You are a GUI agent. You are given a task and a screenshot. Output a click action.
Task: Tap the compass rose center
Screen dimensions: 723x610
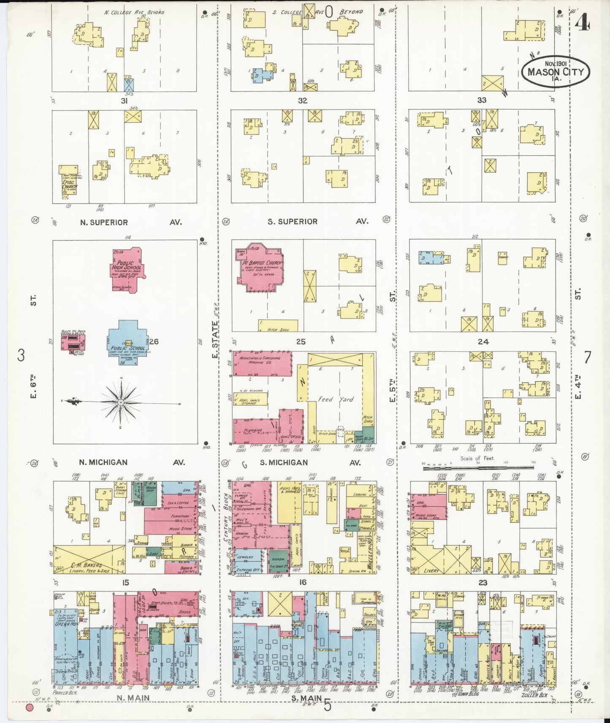tap(121, 402)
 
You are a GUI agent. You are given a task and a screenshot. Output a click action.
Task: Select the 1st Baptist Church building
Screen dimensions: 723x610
tap(258, 268)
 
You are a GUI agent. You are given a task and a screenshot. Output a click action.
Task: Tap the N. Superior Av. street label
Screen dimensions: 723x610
tap(131, 222)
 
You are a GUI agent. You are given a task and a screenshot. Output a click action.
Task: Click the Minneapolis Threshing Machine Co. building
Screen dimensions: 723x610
tap(262, 363)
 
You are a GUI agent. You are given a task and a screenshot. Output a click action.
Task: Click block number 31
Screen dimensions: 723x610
tap(125, 101)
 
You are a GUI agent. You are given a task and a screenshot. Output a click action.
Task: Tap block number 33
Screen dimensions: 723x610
tap(482, 100)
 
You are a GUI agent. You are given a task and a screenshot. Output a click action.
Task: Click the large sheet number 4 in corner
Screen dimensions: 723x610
tap(583, 23)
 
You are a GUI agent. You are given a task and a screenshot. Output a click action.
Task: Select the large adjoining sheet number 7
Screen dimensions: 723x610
tap(587, 357)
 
